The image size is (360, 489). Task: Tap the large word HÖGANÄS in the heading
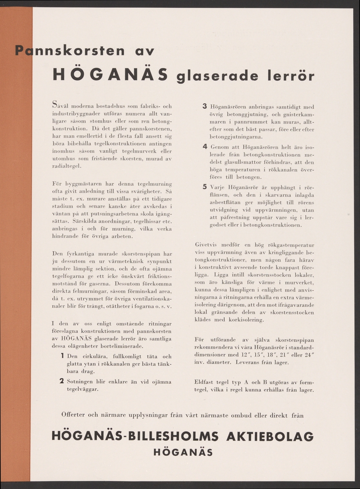pos(111,75)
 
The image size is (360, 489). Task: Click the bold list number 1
pos(63,356)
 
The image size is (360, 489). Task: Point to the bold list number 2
pos(62,381)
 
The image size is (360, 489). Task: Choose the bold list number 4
pos(205,147)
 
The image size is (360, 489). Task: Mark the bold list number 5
pos(205,187)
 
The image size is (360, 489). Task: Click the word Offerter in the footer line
pos(75,415)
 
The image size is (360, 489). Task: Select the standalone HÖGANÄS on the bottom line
pos(183,452)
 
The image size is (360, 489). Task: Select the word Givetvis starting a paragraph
pos(207,245)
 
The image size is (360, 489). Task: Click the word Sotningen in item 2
pos(81,382)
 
